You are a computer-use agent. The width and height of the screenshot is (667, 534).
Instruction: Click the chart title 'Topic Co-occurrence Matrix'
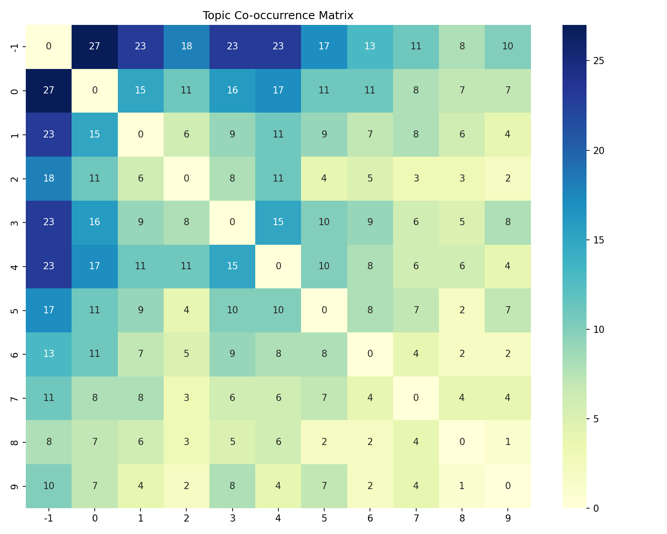tap(278, 16)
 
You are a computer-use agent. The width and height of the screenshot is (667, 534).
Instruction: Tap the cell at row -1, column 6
tap(370, 47)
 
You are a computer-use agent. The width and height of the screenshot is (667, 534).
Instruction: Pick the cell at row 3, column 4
tap(278, 222)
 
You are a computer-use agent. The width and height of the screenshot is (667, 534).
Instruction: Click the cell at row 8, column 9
tap(507, 442)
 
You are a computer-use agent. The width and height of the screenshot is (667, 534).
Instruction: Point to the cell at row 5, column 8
tap(462, 310)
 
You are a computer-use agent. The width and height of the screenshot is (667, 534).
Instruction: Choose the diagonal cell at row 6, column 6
tap(370, 354)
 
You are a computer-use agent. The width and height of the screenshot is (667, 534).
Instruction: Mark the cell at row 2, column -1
tap(48, 178)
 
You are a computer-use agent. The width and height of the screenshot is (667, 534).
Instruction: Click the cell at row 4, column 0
tap(94, 266)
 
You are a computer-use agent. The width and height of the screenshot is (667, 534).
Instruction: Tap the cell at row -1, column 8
tap(462, 47)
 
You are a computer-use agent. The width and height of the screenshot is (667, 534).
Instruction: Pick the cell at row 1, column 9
tap(507, 134)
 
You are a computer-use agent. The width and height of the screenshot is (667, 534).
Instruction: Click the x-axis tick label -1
tap(48, 518)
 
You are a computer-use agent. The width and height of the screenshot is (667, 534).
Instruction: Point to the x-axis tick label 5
tap(324, 518)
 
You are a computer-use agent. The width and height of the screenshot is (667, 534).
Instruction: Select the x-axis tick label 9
tap(507, 518)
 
